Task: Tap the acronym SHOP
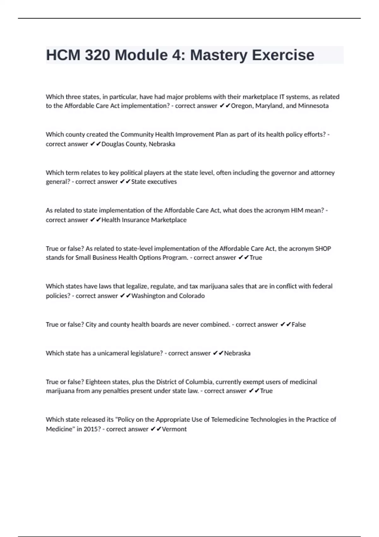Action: [x=323, y=249]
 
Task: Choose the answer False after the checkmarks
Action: [x=298, y=324]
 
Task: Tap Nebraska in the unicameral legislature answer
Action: [x=237, y=353]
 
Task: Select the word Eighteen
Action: [x=99, y=382]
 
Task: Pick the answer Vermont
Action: [x=174, y=429]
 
